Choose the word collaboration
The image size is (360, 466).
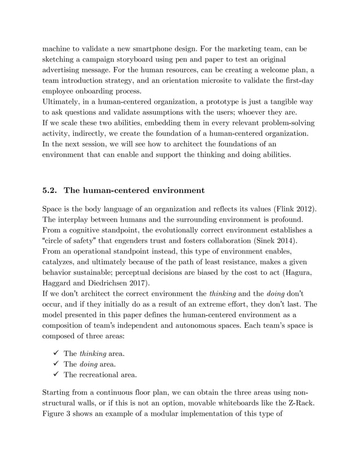click(x=217, y=242)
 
